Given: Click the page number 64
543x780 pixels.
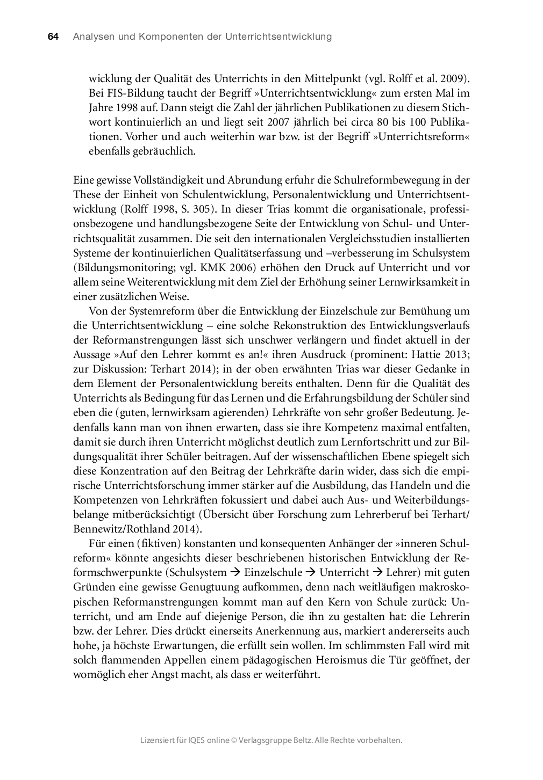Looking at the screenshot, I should [53, 37].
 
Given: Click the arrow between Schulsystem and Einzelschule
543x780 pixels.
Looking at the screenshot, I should [235, 573].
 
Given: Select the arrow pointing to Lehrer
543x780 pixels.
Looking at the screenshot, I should [377, 573].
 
